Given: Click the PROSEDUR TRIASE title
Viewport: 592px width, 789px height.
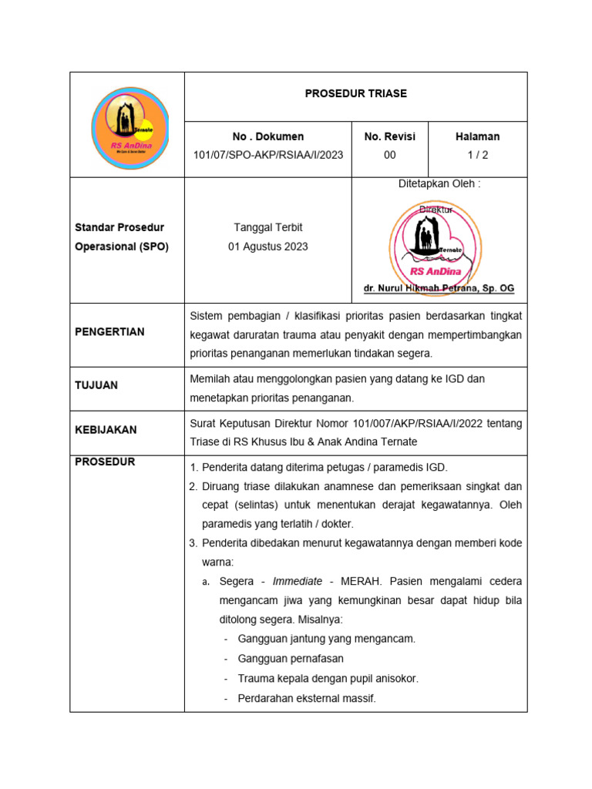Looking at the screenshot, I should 355,93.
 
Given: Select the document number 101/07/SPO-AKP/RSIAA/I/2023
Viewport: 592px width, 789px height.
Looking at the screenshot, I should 267,155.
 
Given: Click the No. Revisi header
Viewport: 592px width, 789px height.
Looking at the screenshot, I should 389,136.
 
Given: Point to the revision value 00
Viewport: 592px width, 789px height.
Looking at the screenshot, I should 389,155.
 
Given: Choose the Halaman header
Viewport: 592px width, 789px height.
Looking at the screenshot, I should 477,136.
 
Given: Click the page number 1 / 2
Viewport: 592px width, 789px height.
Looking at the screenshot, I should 477,155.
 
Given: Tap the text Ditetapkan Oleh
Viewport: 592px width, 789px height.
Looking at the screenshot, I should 439,183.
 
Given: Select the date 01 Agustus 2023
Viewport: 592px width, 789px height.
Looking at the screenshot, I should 267,247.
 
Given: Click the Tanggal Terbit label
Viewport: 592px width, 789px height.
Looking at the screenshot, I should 267,227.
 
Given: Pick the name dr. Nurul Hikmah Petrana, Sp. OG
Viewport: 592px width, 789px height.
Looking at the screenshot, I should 439,288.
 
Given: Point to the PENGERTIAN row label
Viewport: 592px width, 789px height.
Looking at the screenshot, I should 109,332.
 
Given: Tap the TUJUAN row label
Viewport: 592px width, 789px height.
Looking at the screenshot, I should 96,385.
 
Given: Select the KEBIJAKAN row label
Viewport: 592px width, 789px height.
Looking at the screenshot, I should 106,430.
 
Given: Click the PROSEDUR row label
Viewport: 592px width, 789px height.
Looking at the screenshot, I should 105,462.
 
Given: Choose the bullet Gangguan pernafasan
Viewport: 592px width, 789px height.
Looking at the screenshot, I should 291,659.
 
